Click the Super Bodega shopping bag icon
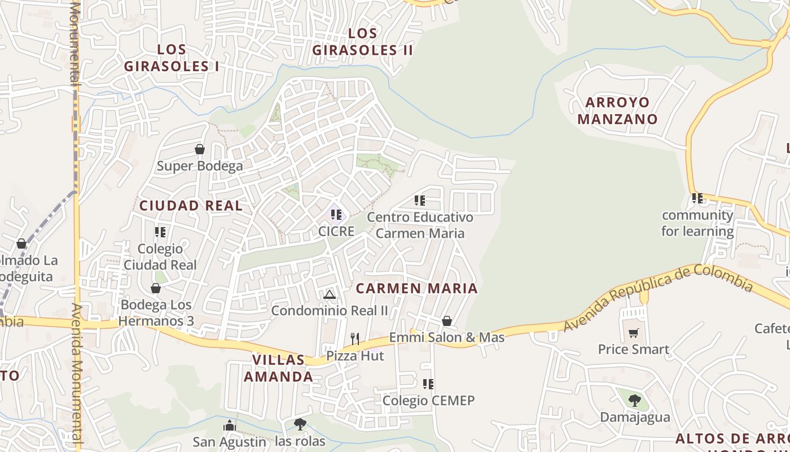tap(199, 149)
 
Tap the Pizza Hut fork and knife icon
tap(355, 339)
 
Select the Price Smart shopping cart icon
tap(634, 333)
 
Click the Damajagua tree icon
tap(635, 401)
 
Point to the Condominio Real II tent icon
tap(330, 294)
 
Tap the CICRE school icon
tap(336, 215)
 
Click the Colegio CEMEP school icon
tap(428, 384)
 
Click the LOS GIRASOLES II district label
tap(362, 42)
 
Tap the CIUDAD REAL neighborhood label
tap(191, 206)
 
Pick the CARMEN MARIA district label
tap(416, 288)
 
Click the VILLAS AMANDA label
tap(278, 368)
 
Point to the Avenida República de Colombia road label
tap(658, 297)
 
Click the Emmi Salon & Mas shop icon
tap(447, 321)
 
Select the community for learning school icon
tap(697, 198)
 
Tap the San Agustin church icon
tap(230, 425)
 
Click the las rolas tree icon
tap(300, 424)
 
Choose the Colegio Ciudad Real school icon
tap(160, 232)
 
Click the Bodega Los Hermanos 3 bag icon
tap(156, 288)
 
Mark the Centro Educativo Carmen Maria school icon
tap(420, 201)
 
